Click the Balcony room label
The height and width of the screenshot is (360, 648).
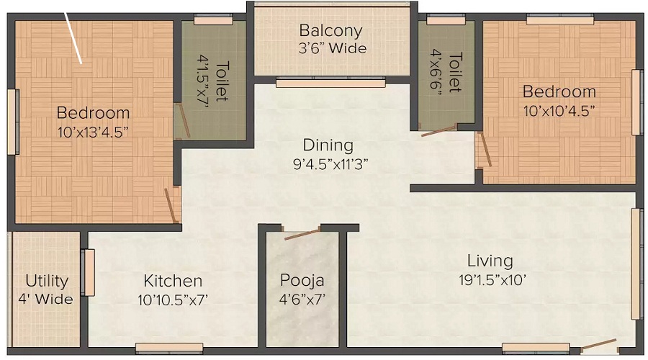click(x=330, y=32)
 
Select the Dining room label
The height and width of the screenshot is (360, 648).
click(x=328, y=145)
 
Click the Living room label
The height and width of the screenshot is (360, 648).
click(x=490, y=261)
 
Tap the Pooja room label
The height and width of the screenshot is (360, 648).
click(x=302, y=280)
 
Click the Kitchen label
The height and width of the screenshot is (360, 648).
click(x=172, y=281)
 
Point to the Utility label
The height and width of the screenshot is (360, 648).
click(x=47, y=281)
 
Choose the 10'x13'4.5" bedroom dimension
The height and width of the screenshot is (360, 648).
click(x=93, y=132)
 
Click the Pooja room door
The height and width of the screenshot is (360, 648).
click(x=303, y=233)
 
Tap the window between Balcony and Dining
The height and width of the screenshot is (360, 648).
click(x=330, y=83)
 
